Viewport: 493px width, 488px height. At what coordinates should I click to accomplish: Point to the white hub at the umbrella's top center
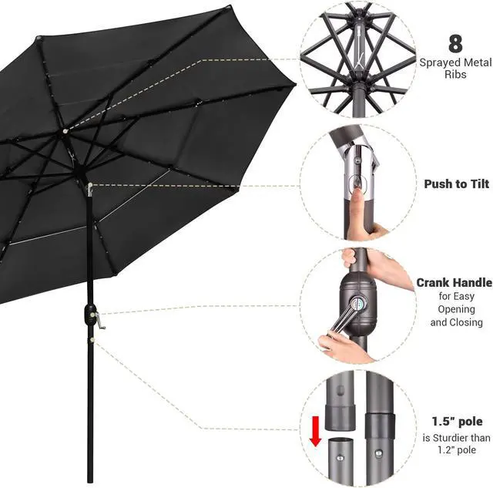point(65,131)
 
